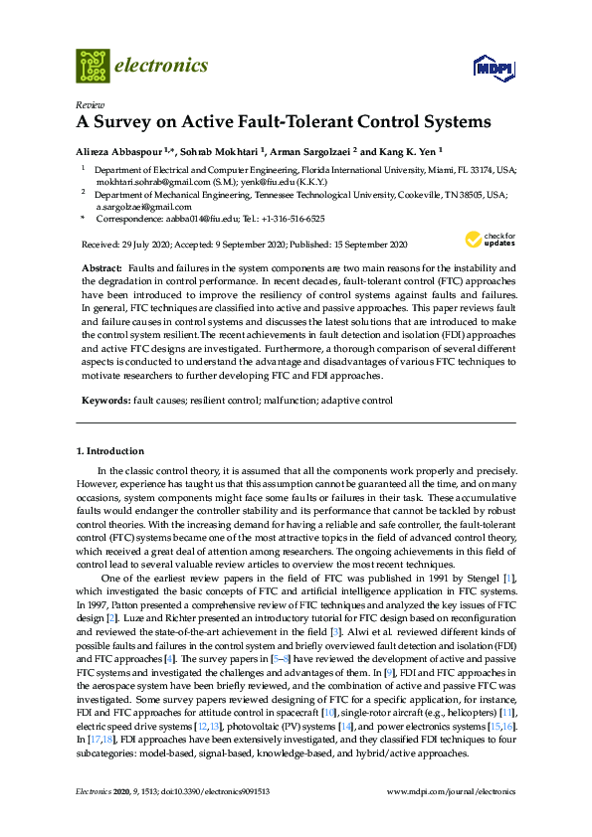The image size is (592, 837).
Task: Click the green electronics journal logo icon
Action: click(x=93, y=66)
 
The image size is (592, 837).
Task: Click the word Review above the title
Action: click(x=90, y=104)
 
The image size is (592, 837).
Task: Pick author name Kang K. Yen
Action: click(x=404, y=151)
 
